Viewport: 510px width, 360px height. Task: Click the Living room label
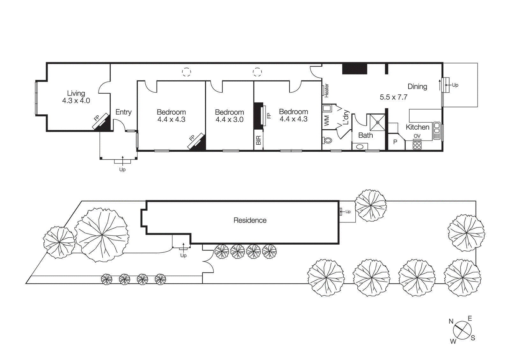coord(76,93)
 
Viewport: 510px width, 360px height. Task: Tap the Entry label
coord(123,112)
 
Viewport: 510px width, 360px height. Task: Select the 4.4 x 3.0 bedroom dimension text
coord(229,120)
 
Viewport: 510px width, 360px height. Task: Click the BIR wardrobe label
coord(259,140)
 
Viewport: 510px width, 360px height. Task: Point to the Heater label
coord(327,91)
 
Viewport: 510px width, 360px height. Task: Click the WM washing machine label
coord(327,121)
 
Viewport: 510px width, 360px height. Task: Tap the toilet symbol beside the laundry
coord(328,140)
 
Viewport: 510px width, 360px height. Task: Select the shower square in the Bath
coord(377,122)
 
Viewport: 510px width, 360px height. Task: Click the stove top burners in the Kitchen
coord(417,145)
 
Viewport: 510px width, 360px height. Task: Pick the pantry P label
coord(395,142)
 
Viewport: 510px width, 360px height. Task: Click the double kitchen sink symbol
coord(437,131)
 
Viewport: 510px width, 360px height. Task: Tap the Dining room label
coord(417,87)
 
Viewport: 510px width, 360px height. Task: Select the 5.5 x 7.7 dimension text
coord(393,97)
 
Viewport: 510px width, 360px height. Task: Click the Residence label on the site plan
coord(250,220)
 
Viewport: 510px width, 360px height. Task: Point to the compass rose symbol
coord(462,330)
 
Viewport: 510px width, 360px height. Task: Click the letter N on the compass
coord(451,321)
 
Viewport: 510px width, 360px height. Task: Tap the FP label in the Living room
coord(97,118)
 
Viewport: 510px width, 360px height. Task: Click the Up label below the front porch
coord(122,169)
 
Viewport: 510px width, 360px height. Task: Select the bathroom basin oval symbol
coord(360,147)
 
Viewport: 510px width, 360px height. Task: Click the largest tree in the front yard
coord(102,235)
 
